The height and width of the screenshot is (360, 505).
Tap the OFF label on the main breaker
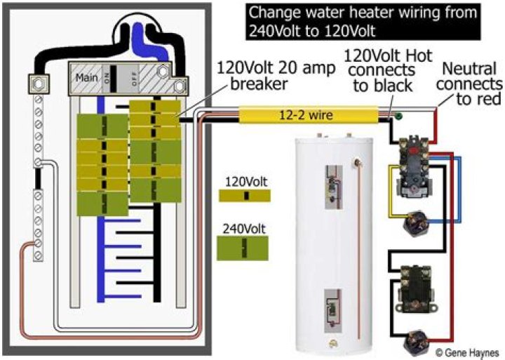(134, 80)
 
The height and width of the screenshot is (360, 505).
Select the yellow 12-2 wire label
(311, 114)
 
